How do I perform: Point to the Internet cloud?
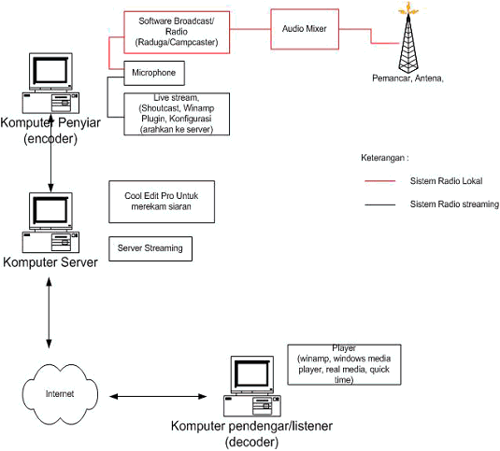click(60, 394)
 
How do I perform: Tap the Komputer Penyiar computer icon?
click(50, 83)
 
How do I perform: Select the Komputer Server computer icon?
click(50, 222)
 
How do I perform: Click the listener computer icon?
click(252, 386)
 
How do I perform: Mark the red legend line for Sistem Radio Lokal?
click(380, 181)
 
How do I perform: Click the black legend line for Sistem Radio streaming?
click(380, 204)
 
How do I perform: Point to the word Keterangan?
click(382, 158)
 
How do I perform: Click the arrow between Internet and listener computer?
click(158, 397)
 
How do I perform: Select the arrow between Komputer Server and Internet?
click(49, 313)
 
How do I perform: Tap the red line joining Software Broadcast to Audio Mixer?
click(250, 29)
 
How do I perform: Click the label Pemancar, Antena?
click(407, 78)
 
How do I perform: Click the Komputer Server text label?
click(50, 262)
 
